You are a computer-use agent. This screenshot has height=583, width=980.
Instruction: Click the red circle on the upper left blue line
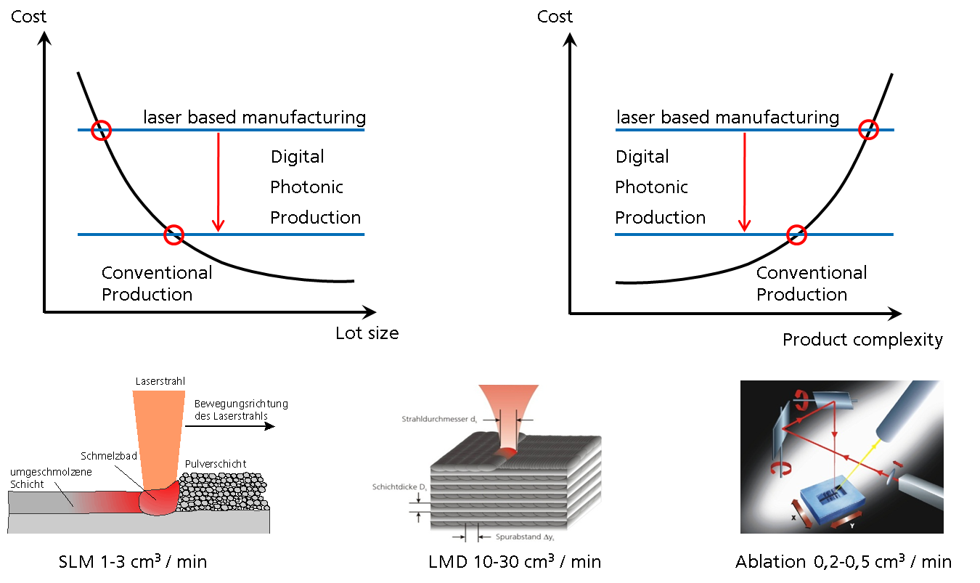(x=101, y=131)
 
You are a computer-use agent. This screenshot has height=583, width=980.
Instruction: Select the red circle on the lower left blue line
(x=173, y=235)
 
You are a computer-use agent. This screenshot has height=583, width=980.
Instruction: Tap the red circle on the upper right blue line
(x=868, y=130)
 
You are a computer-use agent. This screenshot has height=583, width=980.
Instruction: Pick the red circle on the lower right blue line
(x=797, y=235)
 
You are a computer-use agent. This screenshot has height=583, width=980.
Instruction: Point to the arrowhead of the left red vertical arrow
(x=218, y=226)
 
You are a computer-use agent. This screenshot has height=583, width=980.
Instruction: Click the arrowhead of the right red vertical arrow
(x=744, y=226)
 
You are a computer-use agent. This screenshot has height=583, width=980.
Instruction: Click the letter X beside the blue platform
(x=793, y=518)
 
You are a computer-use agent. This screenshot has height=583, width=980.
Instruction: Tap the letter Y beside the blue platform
(x=852, y=524)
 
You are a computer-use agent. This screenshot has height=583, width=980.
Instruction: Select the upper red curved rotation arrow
(x=802, y=396)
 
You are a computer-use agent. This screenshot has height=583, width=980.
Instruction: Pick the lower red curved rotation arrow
(x=780, y=465)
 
